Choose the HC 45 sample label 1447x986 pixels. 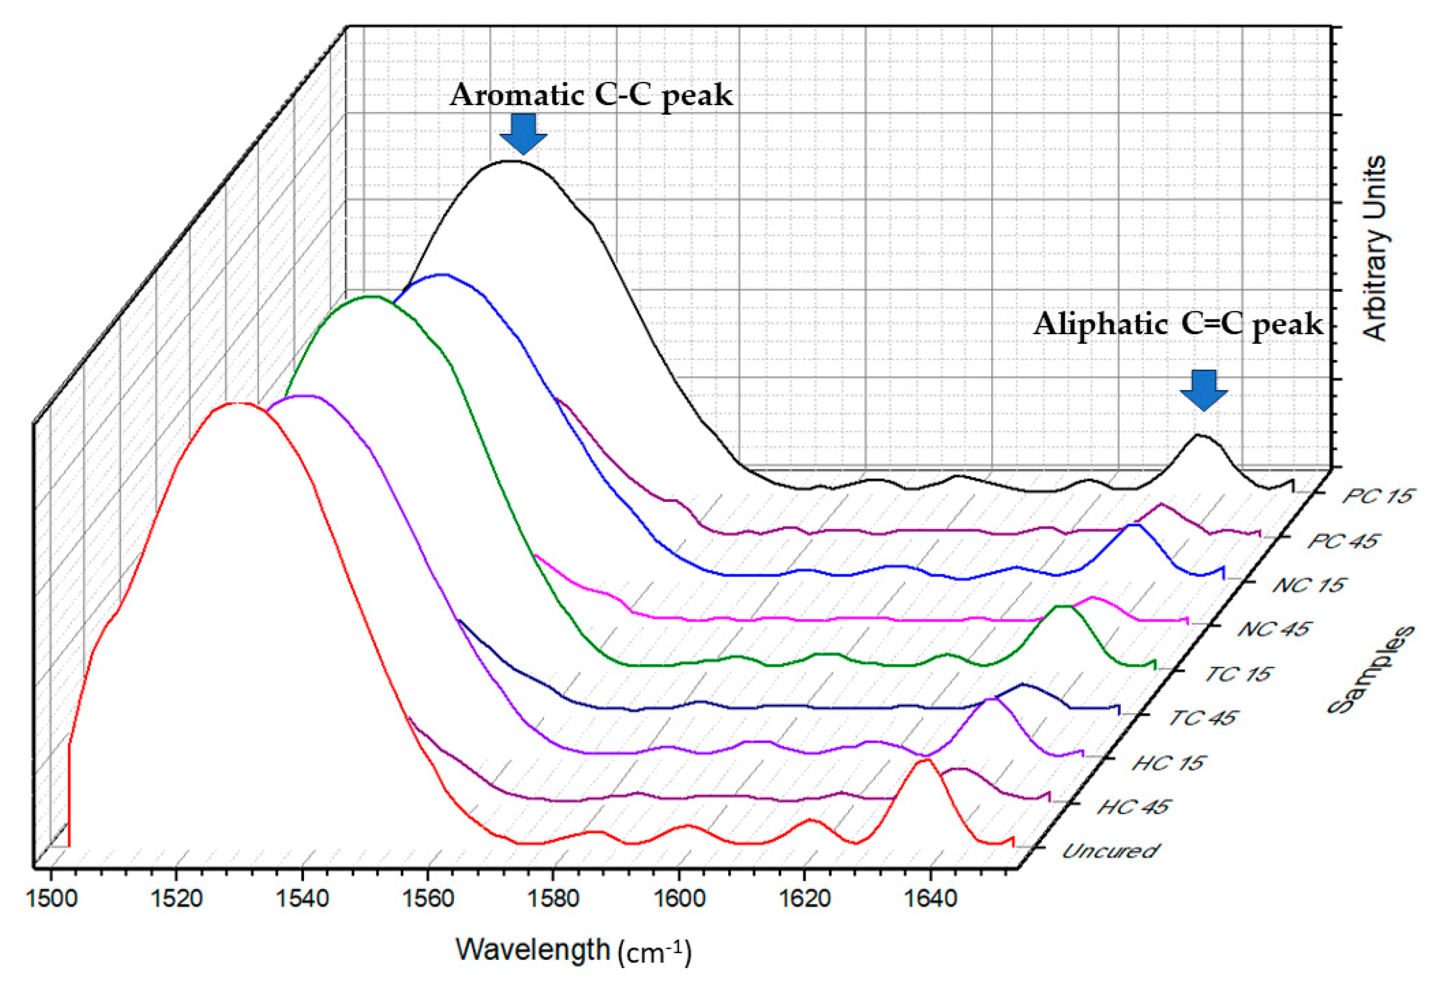(1133, 807)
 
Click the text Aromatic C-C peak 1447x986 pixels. (592, 95)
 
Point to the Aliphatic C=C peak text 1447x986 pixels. (1178, 324)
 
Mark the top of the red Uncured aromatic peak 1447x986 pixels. (237, 403)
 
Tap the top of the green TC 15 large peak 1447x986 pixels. (372, 296)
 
